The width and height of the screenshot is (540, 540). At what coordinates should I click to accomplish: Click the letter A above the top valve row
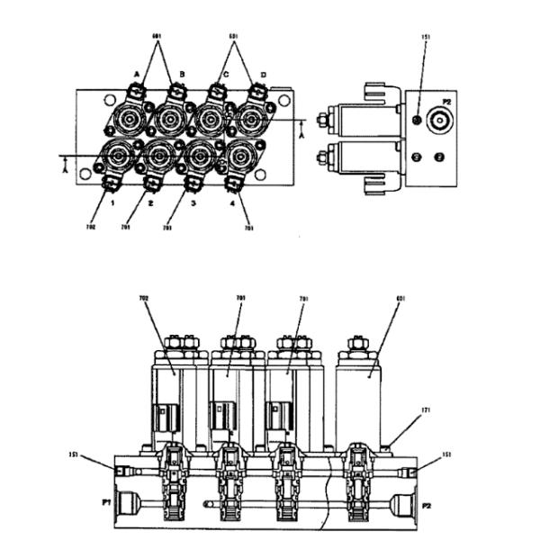(x=137, y=75)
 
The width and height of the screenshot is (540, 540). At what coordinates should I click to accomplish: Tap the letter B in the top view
(x=182, y=75)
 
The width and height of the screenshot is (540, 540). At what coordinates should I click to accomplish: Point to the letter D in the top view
(x=263, y=75)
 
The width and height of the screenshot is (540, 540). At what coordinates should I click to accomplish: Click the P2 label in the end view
(x=447, y=103)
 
